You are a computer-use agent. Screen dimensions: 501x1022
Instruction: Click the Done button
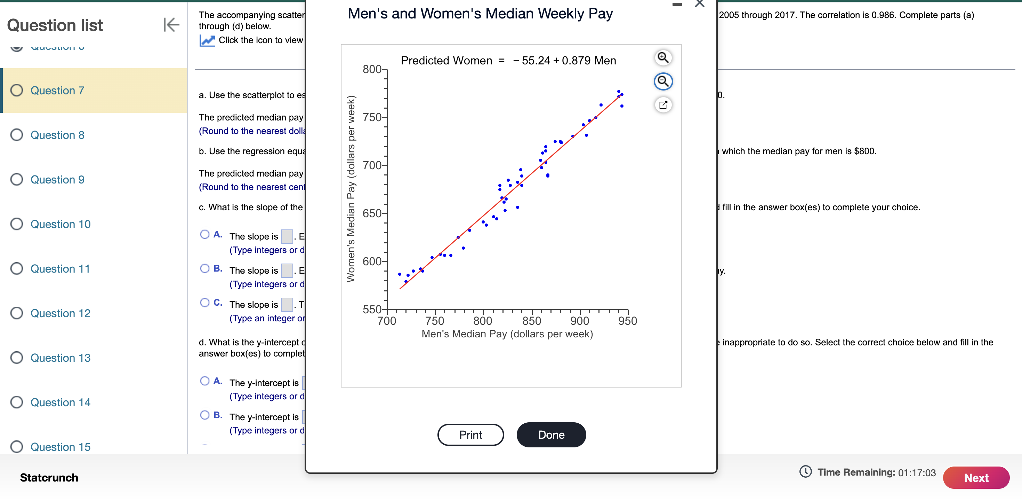[551, 435]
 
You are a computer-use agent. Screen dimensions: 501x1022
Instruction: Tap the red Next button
[976, 478]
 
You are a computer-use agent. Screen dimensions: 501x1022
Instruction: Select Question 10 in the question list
[60, 224]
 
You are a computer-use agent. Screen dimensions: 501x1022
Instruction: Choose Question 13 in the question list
[60, 358]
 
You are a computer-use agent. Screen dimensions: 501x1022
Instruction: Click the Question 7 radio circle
[17, 90]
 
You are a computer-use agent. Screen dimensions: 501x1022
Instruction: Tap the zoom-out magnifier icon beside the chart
[662, 81]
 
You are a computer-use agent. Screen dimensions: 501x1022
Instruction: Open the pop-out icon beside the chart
[662, 105]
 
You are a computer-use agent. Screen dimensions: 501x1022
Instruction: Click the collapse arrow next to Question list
[171, 25]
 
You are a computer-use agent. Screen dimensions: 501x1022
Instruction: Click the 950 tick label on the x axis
[627, 321]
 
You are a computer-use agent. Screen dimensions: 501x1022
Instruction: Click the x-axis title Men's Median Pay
[507, 334]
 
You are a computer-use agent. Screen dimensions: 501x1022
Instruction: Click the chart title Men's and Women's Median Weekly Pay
[480, 14]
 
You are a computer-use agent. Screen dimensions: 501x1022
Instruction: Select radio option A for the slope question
[205, 234]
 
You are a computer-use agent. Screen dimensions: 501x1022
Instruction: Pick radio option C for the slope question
[205, 303]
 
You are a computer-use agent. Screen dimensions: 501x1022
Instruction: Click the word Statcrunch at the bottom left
[49, 478]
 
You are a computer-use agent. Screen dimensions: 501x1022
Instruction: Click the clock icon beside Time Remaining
[805, 472]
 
